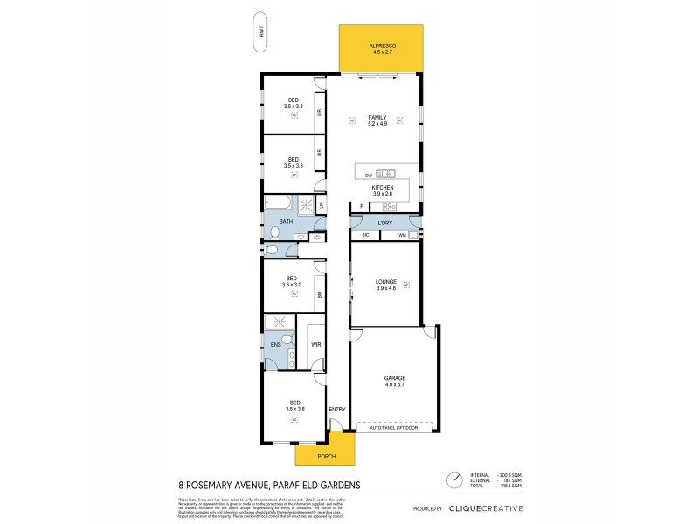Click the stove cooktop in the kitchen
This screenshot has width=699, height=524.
click(387, 207)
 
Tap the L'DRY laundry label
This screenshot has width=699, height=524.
click(384, 224)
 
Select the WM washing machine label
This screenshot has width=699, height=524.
click(402, 235)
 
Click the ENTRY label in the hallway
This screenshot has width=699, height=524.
click(336, 410)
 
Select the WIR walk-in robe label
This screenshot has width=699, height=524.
click(316, 345)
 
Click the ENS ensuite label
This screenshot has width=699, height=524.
click(275, 345)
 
